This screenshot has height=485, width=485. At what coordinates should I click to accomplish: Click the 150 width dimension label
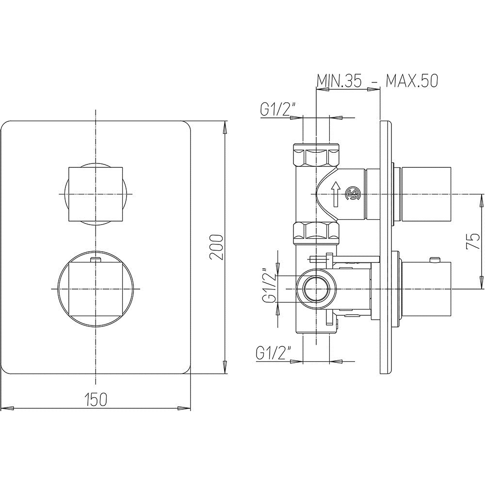click(x=96, y=399)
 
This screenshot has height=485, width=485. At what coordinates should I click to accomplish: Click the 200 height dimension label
click(x=216, y=247)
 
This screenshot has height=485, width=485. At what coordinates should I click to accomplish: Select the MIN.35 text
click(x=339, y=81)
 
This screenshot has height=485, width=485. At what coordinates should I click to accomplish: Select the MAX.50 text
click(x=412, y=81)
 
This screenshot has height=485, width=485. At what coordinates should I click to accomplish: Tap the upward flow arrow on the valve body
click(x=336, y=194)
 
